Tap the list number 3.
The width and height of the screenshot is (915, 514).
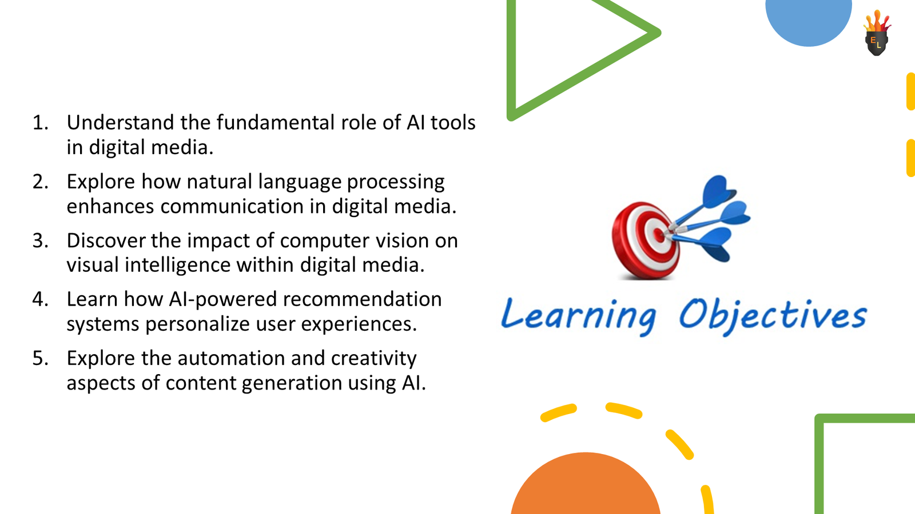(x=40, y=240)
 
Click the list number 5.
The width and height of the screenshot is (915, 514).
(x=40, y=358)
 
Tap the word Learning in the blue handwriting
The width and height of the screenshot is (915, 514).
(x=578, y=316)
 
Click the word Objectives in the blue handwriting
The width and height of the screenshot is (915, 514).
(x=772, y=316)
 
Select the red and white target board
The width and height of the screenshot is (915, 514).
(x=645, y=240)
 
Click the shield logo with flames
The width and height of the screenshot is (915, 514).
(x=876, y=35)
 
